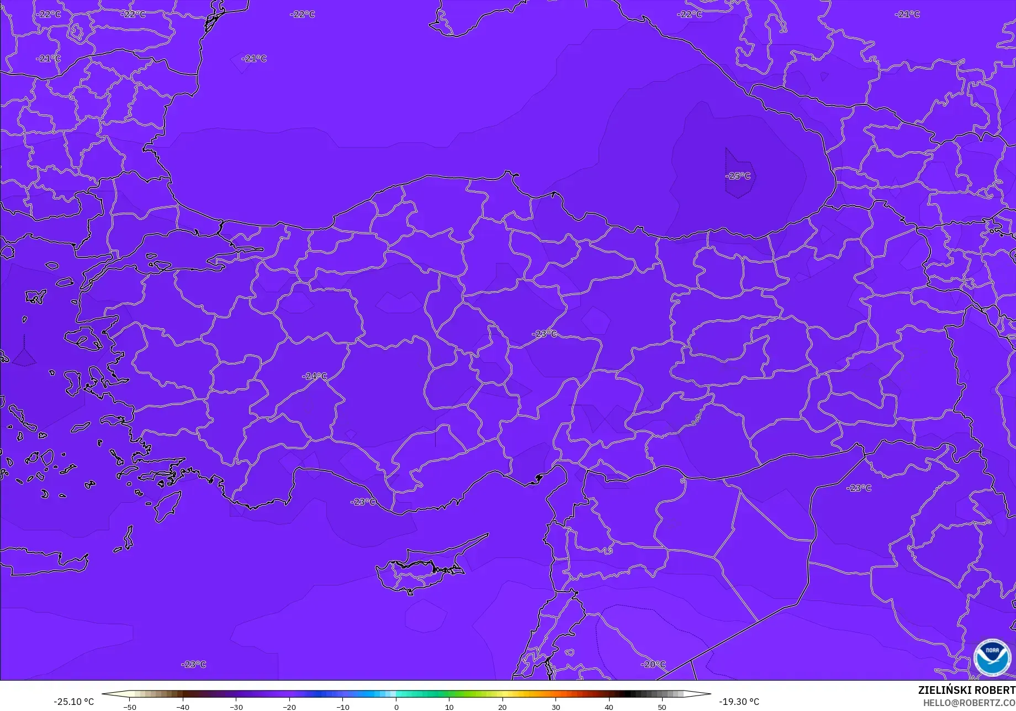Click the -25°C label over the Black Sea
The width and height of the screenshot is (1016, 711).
coord(738,176)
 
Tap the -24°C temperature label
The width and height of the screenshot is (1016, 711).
coord(314,376)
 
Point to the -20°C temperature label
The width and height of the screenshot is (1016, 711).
coord(653,664)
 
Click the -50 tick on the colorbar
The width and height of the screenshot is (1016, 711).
coord(130,707)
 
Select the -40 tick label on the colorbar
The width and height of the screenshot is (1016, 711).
coord(183,707)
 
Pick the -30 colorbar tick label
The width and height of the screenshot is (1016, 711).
coord(236,707)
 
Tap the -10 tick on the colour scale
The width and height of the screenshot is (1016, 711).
coord(343,707)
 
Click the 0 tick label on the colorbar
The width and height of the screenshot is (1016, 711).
coord(396,707)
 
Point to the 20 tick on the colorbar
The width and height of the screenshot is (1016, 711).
coord(502,707)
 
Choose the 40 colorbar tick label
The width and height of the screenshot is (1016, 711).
coord(608,707)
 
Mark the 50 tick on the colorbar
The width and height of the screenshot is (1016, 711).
coord(662,707)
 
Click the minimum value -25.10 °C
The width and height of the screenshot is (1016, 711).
coord(73,702)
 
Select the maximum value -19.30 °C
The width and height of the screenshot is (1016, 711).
coord(739,702)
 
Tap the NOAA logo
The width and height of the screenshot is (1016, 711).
coord(992,657)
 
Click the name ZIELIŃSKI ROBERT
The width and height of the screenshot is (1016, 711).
coord(966,690)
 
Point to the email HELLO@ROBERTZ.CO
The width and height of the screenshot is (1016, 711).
coord(969,702)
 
